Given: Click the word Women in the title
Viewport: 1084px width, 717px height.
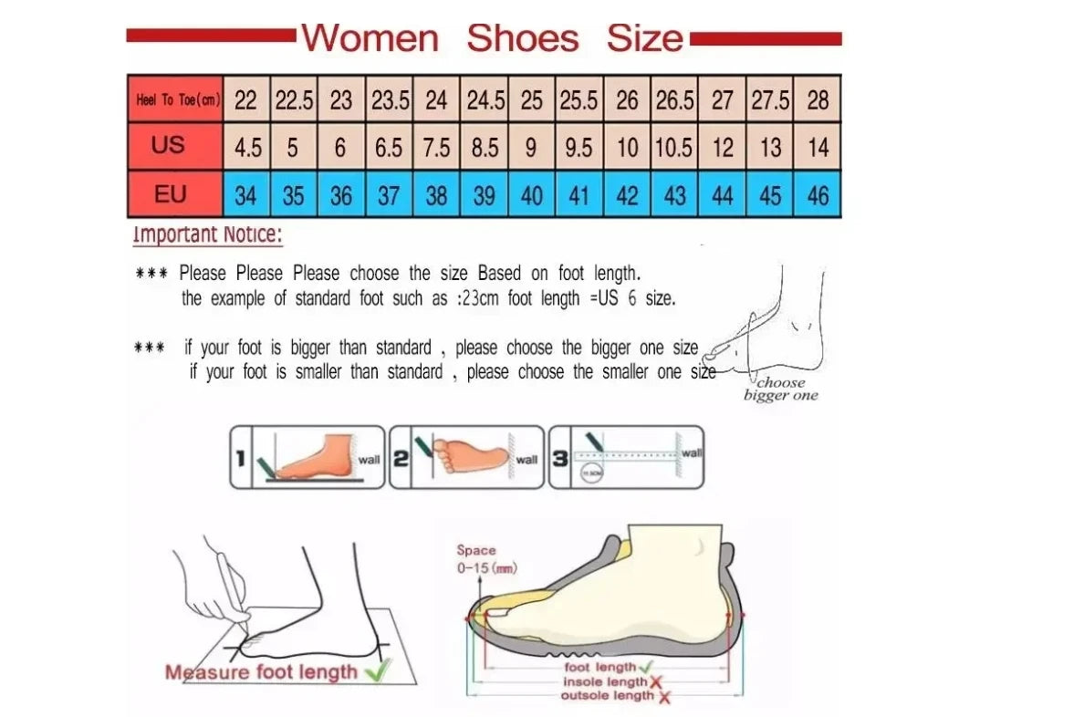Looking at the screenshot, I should click(x=370, y=38).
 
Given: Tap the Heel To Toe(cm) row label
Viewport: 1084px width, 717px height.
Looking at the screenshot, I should click(x=177, y=99).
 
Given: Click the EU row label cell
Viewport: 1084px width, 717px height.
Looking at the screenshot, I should click(x=170, y=194).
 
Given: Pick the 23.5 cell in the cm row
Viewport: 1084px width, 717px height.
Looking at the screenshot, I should click(x=390, y=100).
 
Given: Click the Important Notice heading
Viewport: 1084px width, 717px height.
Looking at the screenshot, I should click(x=208, y=234).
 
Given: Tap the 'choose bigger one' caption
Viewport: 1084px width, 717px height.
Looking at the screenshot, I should click(x=780, y=390).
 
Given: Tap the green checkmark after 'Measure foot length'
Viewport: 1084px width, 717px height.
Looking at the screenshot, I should click(x=376, y=672).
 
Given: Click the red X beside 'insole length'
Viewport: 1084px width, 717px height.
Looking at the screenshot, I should click(x=655, y=682).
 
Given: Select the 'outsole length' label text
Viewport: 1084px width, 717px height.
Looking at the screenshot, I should click(x=608, y=696).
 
